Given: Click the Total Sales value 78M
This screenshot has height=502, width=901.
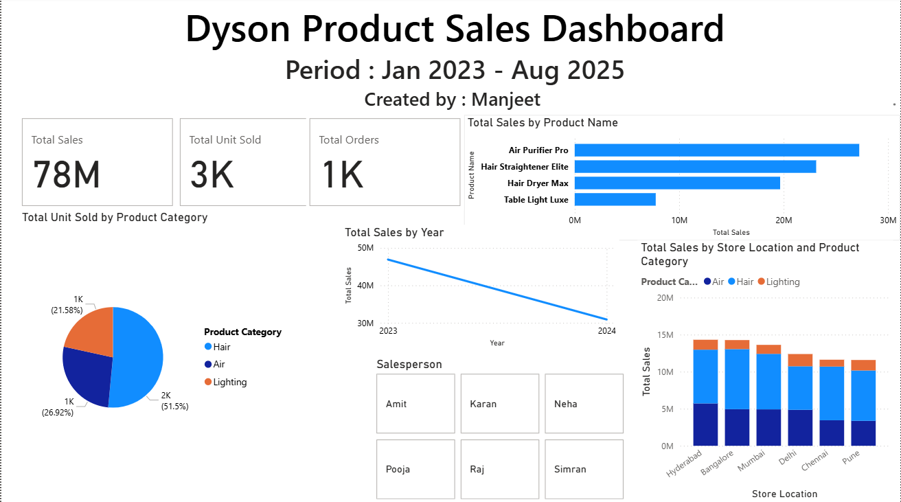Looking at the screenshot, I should [67, 174].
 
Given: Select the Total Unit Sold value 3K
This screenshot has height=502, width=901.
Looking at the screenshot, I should [212, 174].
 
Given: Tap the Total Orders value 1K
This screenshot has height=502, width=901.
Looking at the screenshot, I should [342, 174].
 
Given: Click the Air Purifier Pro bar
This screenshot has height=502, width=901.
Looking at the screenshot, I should [716, 150].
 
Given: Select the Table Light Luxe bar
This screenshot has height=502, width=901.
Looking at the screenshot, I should [615, 200].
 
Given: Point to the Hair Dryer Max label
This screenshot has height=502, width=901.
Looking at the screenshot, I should [538, 183].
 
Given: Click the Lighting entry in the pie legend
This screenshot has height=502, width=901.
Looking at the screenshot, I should [229, 382].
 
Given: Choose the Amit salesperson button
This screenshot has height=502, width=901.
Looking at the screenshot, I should [415, 404].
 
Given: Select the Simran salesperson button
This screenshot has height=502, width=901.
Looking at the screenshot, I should [584, 470].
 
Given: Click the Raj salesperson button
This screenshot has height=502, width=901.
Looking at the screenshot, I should [499, 470].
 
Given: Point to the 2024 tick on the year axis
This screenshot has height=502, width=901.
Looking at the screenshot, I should [606, 331].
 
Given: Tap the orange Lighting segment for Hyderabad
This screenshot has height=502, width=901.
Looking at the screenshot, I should [705, 345].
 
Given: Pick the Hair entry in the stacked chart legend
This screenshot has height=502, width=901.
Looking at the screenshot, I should [745, 282].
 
